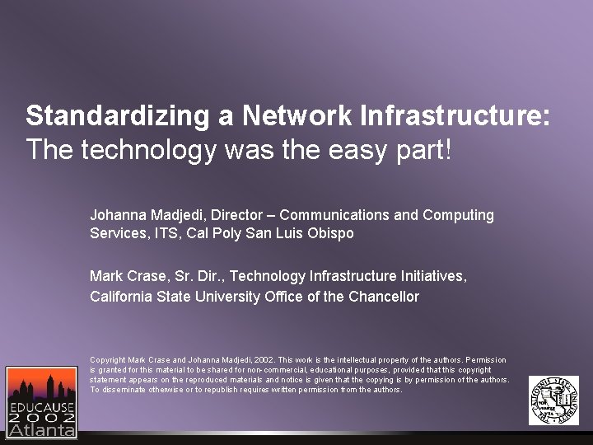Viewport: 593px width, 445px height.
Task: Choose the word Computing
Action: tap(458, 215)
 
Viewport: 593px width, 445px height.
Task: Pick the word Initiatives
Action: tap(432, 276)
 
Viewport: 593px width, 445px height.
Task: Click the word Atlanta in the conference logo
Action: tap(41, 429)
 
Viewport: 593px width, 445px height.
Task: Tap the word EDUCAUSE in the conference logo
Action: tap(41, 407)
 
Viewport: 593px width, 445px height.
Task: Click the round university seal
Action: tap(553, 400)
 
